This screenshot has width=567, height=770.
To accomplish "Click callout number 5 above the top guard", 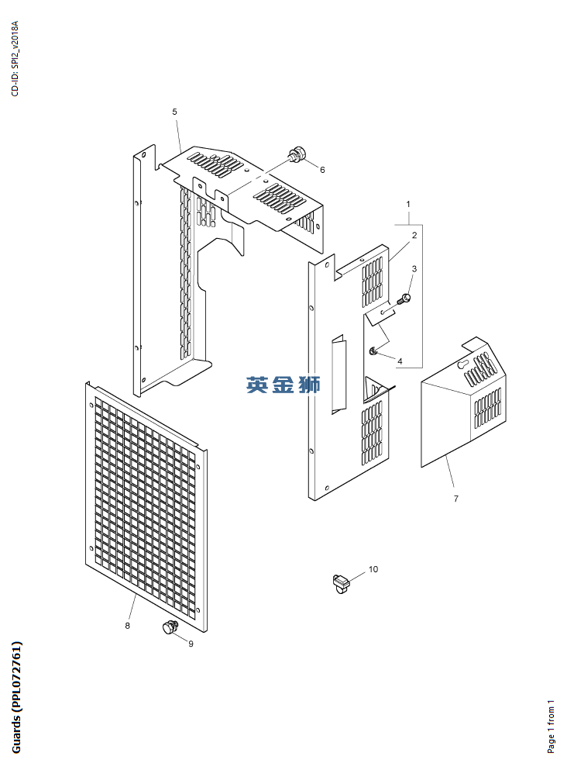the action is click(x=174, y=112).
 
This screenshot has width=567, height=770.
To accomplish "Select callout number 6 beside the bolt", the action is click(x=322, y=170).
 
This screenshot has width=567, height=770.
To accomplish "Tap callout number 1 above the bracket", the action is click(x=408, y=204).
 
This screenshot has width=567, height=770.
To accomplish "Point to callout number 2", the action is click(x=414, y=235).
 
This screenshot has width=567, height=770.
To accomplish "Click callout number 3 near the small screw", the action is click(x=414, y=268).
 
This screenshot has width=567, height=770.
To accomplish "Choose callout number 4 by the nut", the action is click(x=400, y=361).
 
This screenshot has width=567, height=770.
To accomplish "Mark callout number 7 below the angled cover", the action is click(x=456, y=499).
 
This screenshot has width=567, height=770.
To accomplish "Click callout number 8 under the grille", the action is click(x=128, y=626).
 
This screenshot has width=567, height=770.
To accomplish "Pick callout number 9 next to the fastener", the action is click(x=191, y=644).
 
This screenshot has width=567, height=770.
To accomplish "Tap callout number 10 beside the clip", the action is click(x=373, y=569).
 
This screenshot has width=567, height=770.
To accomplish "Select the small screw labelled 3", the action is click(x=405, y=298).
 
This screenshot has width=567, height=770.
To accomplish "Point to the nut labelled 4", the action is click(x=373, y=350).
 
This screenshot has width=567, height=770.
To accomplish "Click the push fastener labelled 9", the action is click(x=170, y=627).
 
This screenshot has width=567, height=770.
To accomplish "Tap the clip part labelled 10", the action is click(x=340, y=583).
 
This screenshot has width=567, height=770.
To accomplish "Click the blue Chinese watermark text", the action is click(x=283, y=385).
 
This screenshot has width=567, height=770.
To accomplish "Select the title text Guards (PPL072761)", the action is click(x=16, y=697).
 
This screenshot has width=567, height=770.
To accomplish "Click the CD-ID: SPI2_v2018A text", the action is click(x=15, y=58).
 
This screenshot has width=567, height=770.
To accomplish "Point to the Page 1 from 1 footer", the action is click(x=552, y=727).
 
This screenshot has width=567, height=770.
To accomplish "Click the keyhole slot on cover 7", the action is click(x=462, y=364).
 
